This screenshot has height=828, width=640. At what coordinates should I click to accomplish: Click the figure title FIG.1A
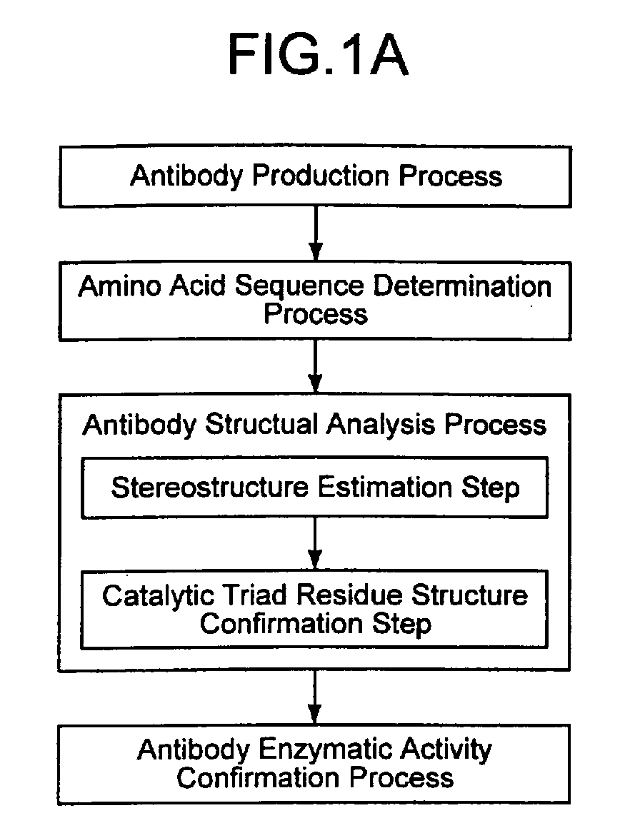coord(318,54)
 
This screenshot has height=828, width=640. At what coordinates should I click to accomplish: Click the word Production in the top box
coord(321,176)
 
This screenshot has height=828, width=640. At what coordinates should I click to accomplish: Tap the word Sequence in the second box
coord(299,287)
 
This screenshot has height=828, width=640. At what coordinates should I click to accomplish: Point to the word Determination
coord(462,286)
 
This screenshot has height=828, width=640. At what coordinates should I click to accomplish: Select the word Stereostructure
coord(210,487)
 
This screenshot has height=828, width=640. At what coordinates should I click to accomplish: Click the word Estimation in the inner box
coord(385,487)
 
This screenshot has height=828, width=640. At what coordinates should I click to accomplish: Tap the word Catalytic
coord(159,596)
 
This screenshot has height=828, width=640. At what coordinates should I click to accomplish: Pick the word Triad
coord(255,595)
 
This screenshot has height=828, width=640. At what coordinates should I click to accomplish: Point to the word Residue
coord(349,595)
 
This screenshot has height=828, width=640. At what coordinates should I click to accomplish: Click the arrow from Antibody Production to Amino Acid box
coord(316,233)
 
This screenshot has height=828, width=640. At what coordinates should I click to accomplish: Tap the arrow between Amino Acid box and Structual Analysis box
coord(316,366)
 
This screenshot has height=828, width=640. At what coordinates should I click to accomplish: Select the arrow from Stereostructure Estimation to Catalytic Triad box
coord(315,543)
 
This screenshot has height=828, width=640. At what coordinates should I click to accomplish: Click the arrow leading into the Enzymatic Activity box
coord(315,697)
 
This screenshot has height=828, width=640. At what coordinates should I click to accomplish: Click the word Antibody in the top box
coord(186,176)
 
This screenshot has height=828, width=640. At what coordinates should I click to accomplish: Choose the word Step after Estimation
coord(491,488)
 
